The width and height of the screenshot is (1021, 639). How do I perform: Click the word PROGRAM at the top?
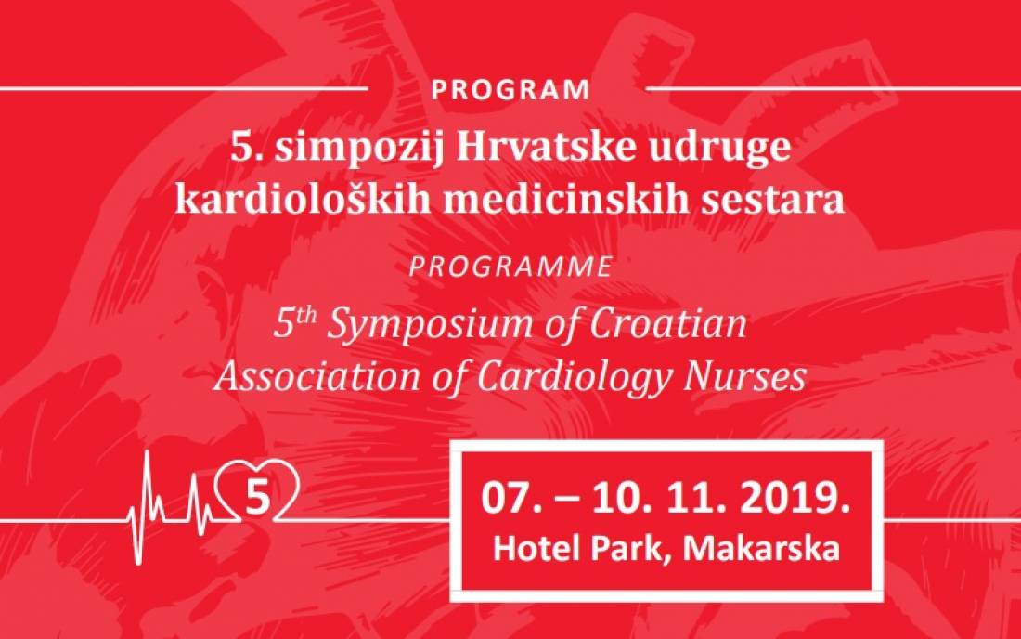(510, 90)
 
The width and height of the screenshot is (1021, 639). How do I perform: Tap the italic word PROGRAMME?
(510, 267)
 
